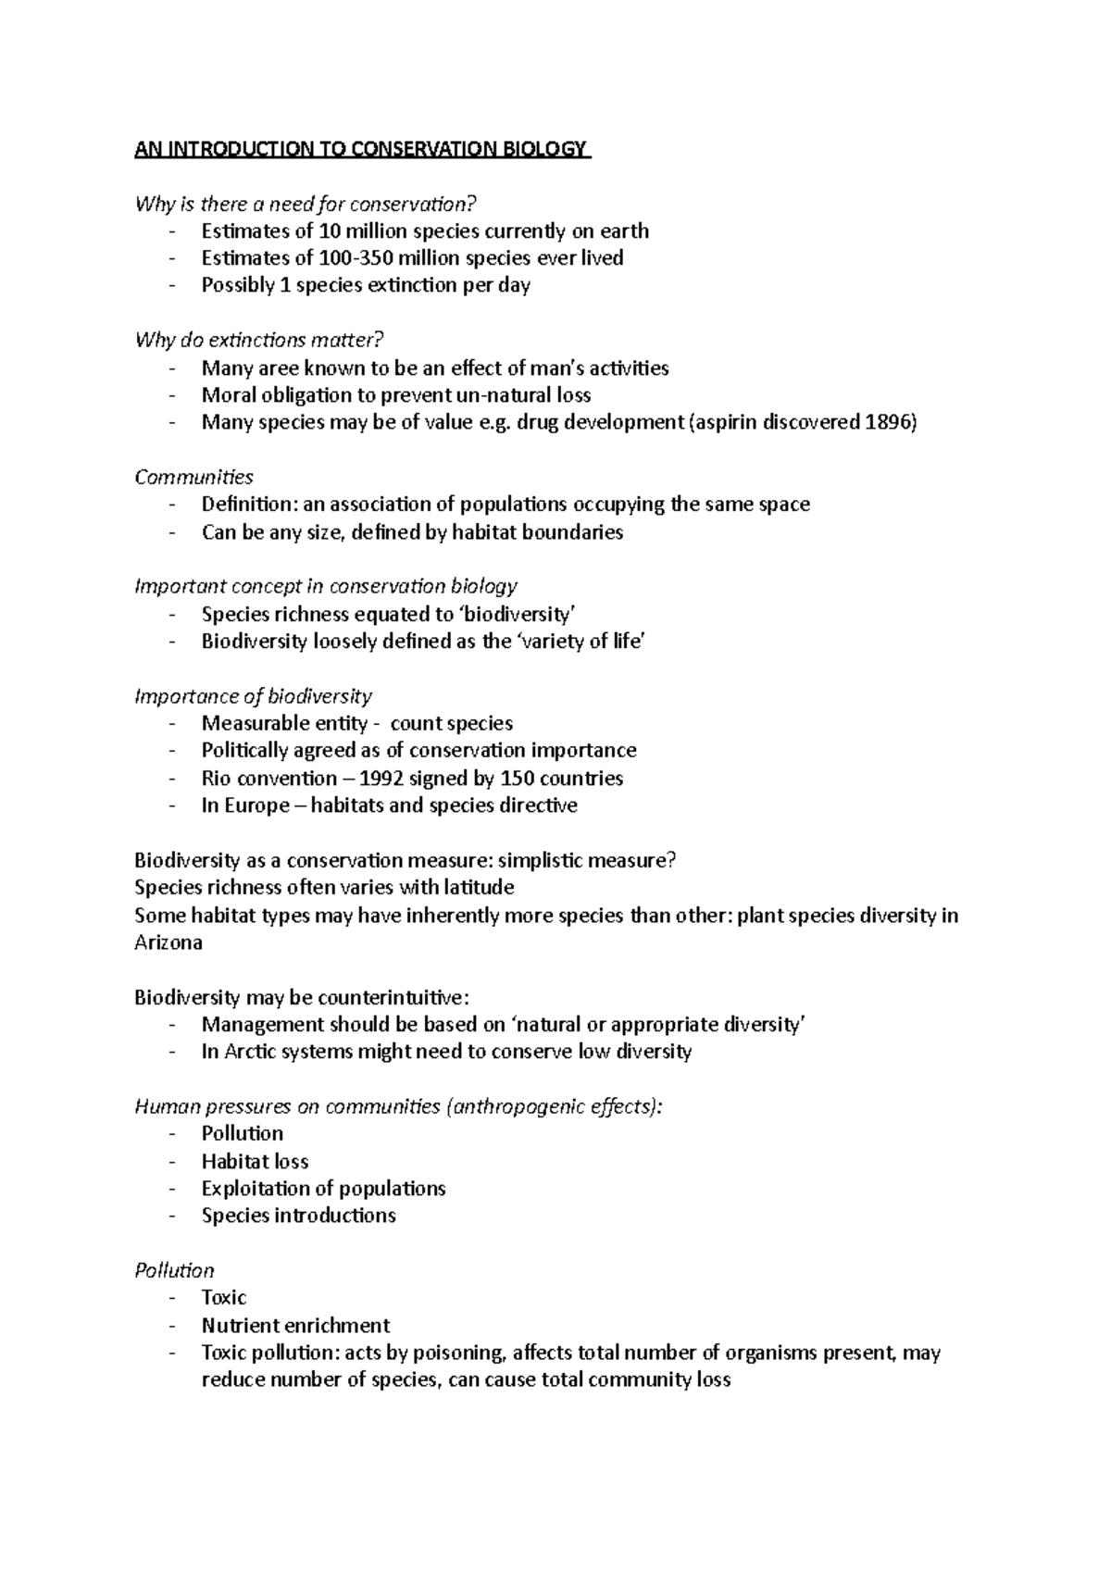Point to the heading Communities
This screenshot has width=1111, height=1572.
193,477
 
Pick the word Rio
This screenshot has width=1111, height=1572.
217,778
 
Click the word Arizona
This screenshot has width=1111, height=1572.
169,942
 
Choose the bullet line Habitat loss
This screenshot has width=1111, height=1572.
255,1161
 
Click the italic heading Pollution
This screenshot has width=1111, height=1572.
174,1270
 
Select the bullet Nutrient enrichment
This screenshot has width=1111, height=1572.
295,1325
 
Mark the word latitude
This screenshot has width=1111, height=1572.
469,887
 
